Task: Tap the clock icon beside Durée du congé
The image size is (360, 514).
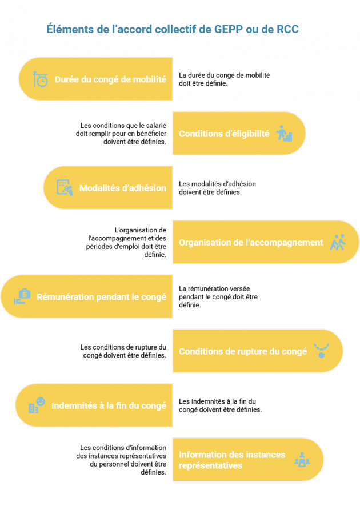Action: [41, 79]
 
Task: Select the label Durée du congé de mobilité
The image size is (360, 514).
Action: [110, 79]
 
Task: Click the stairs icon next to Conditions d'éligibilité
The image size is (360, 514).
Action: [284, 134]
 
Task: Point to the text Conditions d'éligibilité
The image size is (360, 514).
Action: [224, 134]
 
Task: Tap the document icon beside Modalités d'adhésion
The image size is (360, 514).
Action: [65, 188]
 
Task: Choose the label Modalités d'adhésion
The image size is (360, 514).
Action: [123, 188]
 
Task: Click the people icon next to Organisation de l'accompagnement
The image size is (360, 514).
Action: [338, 242]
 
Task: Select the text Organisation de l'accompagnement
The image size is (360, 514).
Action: [251, 242]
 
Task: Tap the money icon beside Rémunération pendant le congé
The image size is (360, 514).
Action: [22, 296]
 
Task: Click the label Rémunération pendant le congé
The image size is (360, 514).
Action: [101, 296]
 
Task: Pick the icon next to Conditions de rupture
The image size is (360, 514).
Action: [321, 351]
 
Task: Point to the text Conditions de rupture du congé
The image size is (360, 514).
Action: [243, 351]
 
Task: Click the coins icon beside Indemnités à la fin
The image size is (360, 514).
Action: [36, 405]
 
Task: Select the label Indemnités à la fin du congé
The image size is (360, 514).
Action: [109, 405]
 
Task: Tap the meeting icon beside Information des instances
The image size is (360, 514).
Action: [302, 460]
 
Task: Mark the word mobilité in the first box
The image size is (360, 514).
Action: [150, 79]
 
